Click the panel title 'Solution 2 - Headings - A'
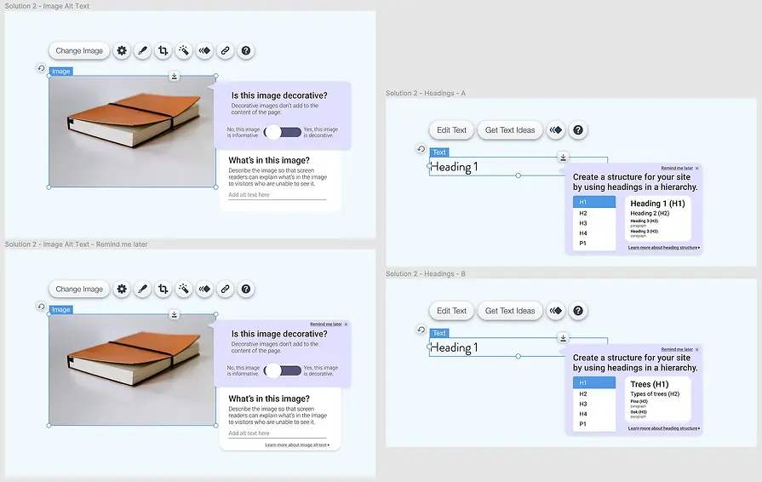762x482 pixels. [x=426, y=93]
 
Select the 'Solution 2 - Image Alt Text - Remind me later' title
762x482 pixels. [x=76, y=244]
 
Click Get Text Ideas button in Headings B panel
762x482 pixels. [x=510, y=311]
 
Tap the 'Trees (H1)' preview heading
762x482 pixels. [x=650, y=384]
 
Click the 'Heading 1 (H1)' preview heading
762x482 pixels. [x=657, y=204]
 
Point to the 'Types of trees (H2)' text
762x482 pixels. [x=655, y=393]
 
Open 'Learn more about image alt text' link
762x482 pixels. [x=296, y=445]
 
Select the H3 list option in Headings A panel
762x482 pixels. [x=583, y=223]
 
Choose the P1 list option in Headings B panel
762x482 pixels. [x=583, y=423]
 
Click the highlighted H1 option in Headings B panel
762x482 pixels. [x=593, y=383]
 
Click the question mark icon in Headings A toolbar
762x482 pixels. [x=578, y=130]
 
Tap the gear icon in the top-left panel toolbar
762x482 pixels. [x=122, y=51]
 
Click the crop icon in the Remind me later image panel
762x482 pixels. [x=163, y=290]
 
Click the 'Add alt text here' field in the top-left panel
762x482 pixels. [x=277, y=195]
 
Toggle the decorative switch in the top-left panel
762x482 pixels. [x=283, y=132]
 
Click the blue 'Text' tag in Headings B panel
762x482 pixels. [x=438, y=333]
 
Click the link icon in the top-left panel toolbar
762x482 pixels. [x=225, y=51]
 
